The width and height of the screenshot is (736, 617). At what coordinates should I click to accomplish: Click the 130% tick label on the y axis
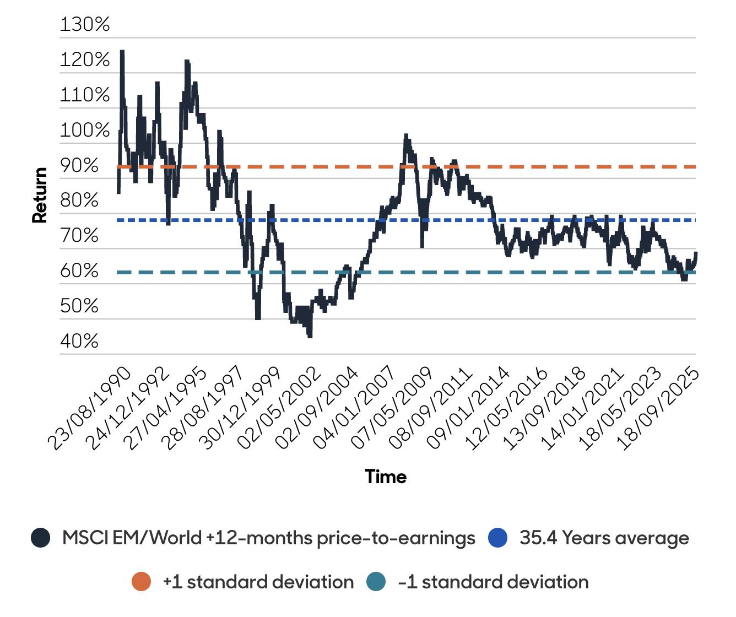(x=85, y=25)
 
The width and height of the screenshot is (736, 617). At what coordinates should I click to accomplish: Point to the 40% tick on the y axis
(x=79, y=342)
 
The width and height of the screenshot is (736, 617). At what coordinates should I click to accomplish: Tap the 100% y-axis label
(x=85, y=131)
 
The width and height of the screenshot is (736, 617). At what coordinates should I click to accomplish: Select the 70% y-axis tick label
(x=79, y=236)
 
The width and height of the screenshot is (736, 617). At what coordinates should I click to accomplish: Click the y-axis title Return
(x=40, y=196)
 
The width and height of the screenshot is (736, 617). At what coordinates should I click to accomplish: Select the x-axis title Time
(x=386, y=477)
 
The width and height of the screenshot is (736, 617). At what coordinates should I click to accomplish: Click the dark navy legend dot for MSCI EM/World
(x=41, y=538)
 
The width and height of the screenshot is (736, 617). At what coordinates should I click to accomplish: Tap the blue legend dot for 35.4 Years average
(x=497, y=538)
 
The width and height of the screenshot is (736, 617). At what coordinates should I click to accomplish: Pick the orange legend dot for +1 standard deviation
(x=142, y=582)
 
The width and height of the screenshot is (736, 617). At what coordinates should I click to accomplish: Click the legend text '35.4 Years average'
(x=604, y=538)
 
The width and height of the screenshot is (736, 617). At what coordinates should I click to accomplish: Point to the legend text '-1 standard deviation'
(x=493, y=582)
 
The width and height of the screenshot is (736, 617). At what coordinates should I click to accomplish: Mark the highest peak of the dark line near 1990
(x=122, y=51)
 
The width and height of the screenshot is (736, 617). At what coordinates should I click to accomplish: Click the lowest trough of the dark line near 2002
(x=310, y=337)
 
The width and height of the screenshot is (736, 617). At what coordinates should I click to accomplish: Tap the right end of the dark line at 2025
(x=696, y=253)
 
